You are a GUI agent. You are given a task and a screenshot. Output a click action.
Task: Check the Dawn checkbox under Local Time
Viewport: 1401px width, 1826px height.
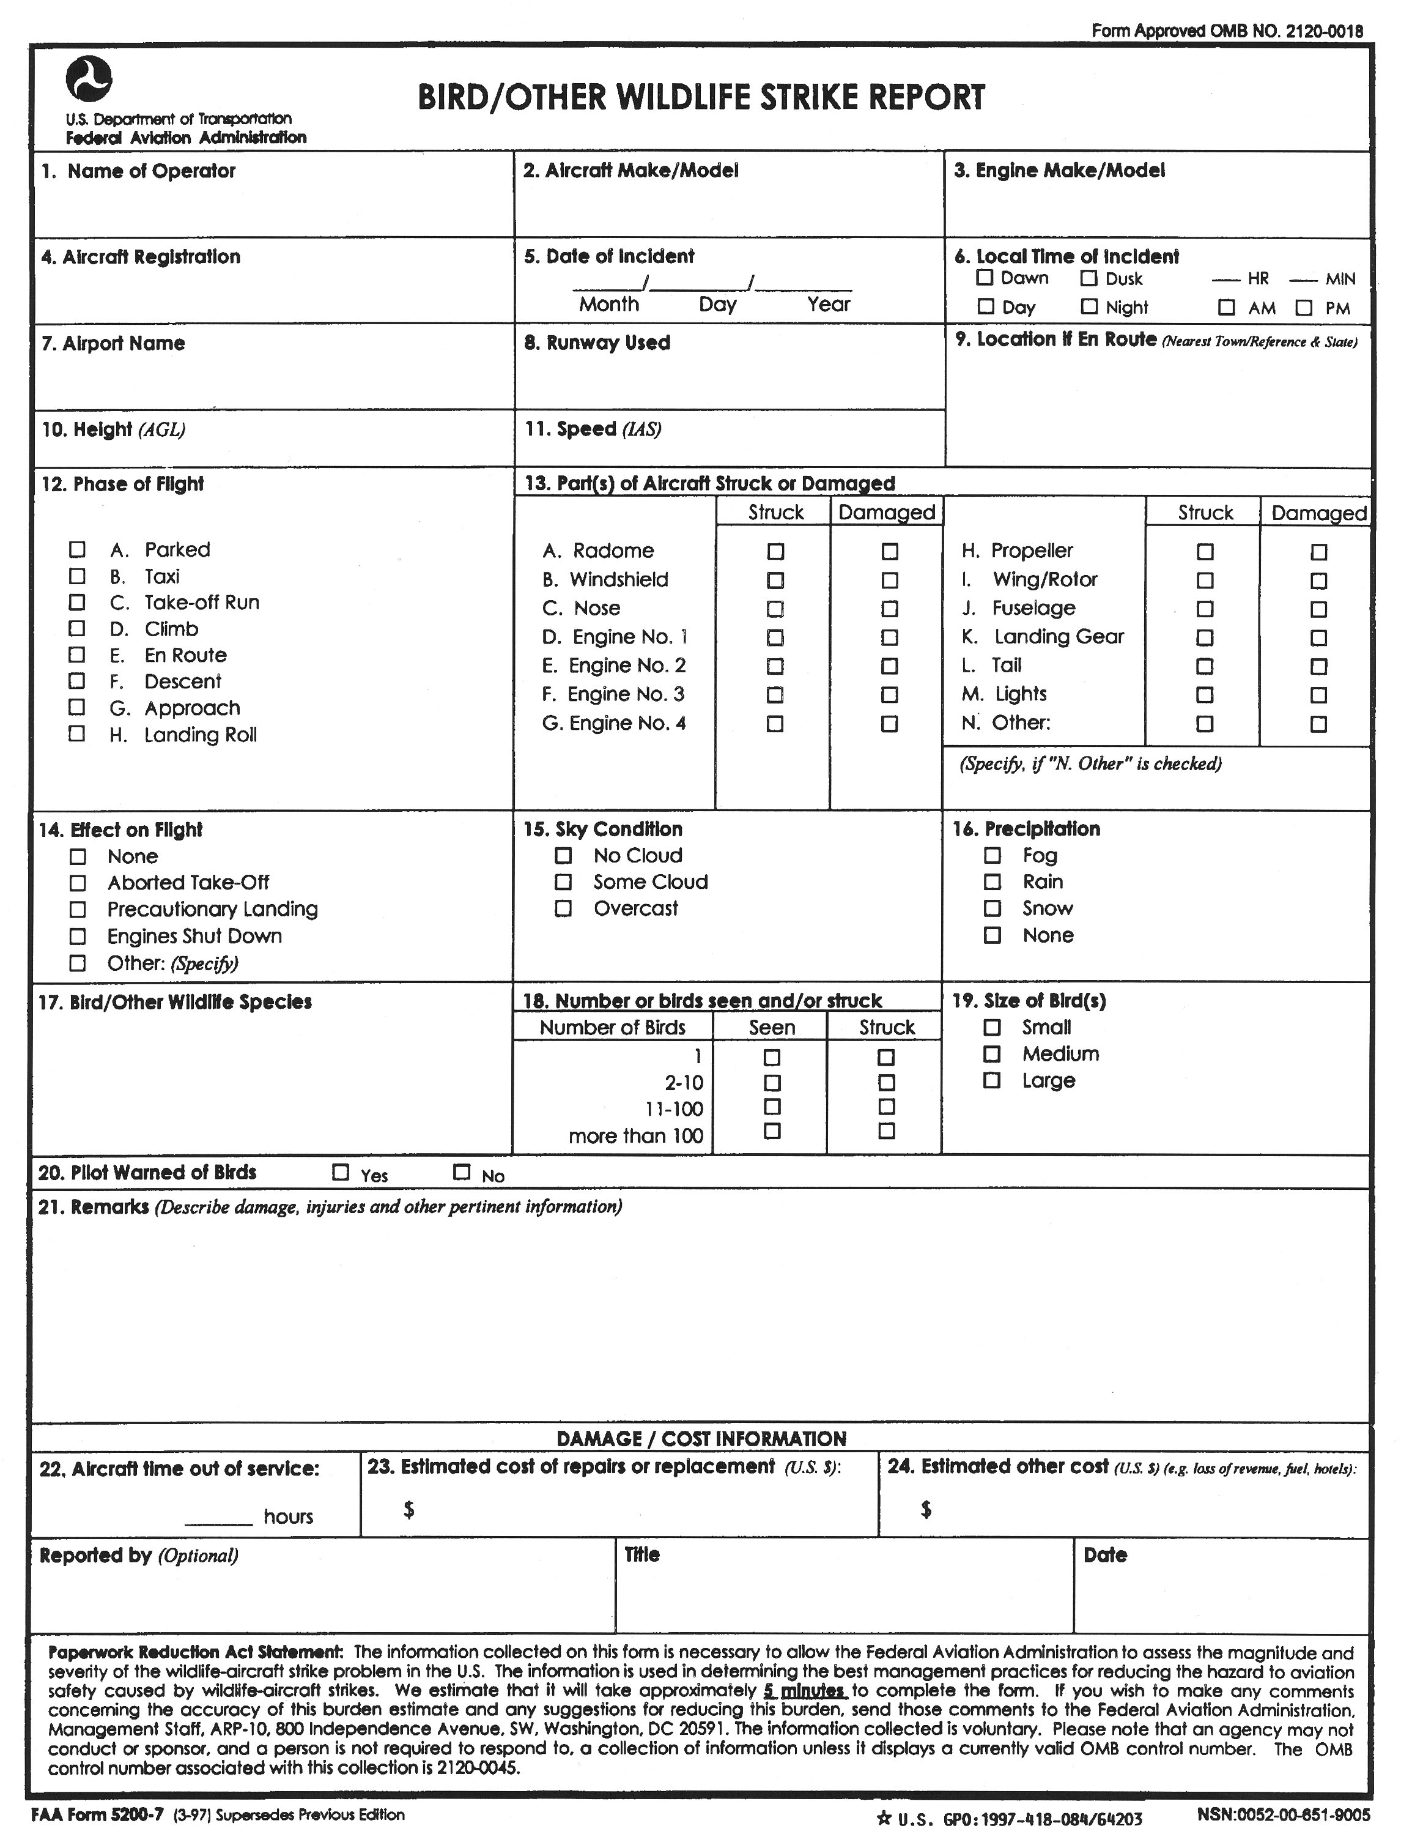coord(985,278)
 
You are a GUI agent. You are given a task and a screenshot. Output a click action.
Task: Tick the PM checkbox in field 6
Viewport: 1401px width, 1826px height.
coord(1304,308)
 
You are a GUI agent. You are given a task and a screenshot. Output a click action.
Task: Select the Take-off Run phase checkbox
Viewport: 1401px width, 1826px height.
coord(76,603)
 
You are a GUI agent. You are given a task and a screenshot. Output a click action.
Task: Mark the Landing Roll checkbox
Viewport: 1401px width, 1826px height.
coord(76,734)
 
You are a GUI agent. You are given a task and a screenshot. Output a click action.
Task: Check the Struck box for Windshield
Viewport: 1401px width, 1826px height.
coord(775,580)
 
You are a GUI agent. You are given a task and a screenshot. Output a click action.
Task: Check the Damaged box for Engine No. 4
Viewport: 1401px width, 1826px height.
coord(890,723)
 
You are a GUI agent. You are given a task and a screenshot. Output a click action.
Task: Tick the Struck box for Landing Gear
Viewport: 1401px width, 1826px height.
coord(1205,637)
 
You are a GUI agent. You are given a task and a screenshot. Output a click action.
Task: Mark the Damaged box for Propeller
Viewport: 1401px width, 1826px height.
coord(1318,551)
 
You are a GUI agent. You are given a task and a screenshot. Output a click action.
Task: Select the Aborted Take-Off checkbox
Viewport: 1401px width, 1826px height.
coord(78,883)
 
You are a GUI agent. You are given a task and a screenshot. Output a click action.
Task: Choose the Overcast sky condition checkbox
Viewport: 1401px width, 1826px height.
coord(564,908)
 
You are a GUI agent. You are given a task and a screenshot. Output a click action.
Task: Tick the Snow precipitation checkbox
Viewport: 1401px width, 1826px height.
coord(993,908)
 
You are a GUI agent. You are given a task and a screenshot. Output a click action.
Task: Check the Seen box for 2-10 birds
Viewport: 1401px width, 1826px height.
coord(772,1083)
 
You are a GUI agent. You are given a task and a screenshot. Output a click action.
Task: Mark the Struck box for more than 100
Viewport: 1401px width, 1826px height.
coord(887,1131)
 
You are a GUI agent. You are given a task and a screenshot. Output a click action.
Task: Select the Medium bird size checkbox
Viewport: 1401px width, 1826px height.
coord(991,1053)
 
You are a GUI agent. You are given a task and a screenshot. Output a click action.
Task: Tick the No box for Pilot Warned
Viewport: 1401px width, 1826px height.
coord(461,1172)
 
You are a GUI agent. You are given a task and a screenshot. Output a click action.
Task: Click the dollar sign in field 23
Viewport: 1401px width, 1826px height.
coord(408,1509)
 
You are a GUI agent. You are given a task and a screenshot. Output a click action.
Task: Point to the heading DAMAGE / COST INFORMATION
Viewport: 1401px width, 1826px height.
coord(701,1438)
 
